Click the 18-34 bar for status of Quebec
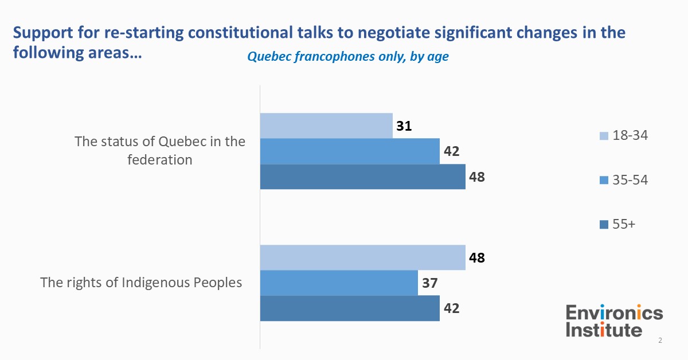coord(326,126)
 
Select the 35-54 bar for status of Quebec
coord(350,151)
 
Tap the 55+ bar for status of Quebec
coord(362,177)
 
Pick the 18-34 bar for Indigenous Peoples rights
coord(362,257)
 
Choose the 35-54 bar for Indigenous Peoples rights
coord(339,283)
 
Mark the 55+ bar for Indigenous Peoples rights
coord(350,308)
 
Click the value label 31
coord(405,126)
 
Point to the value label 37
coord(430,283)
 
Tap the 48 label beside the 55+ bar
coord(476,177)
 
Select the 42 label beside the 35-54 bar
coord(452,151)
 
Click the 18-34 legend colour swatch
coord(603,136)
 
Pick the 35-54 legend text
coord(630,180)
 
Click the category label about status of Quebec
coord(159,151)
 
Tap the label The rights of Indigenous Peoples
coord(140,283)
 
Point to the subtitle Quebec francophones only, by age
coord(347,57)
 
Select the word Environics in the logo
coord(614,313)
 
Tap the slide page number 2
coord(660,341)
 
